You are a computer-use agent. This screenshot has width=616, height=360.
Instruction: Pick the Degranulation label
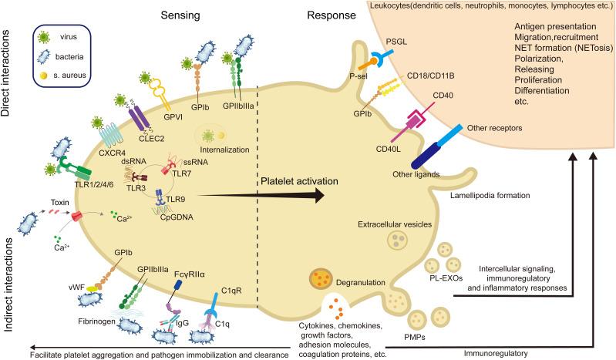(366, 282)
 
